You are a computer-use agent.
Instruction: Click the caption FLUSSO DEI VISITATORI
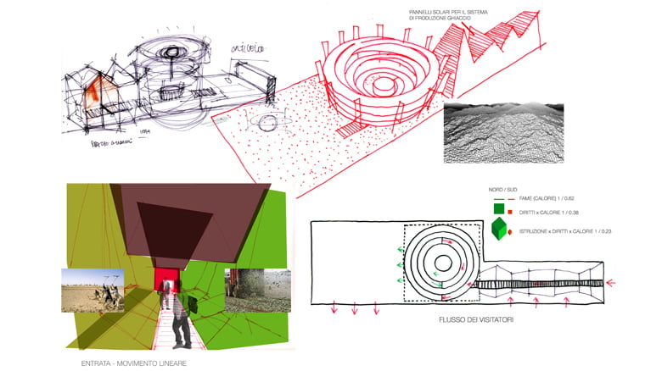click(x=465, y=321)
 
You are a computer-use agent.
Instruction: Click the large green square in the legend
click(x=500, y=209)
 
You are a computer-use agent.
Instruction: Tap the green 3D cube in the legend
click(x=500, y=230)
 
